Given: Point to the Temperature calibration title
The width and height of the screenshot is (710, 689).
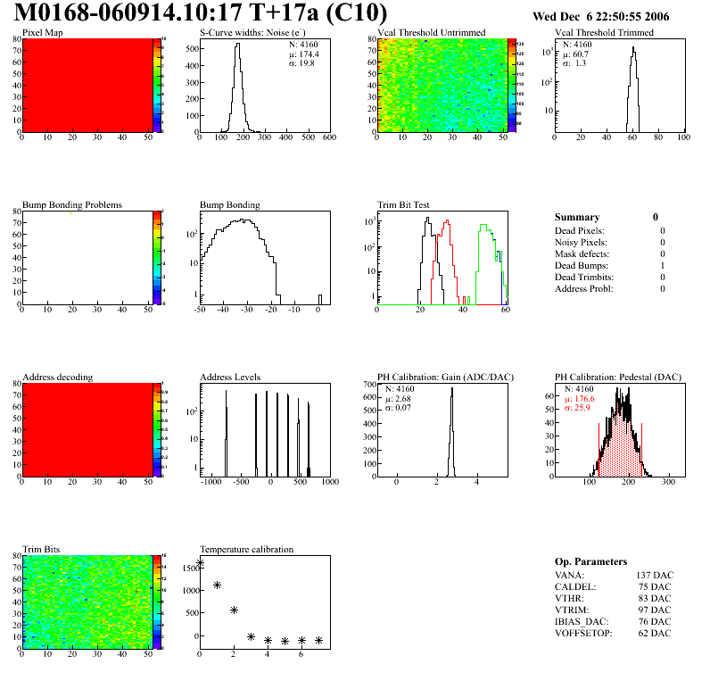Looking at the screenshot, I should coord(247,549).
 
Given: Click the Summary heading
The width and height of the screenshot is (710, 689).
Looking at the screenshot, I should coord(577,217).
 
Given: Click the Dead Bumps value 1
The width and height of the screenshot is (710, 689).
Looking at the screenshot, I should coord(663,265).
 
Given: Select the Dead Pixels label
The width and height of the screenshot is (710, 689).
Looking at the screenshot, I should coord(580,230).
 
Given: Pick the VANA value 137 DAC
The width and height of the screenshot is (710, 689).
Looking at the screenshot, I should coord(654,575).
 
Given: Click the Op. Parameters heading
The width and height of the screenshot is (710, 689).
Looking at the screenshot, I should coord(590,561).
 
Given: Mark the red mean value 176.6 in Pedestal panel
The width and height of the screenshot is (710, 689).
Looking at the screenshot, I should coord(584,399).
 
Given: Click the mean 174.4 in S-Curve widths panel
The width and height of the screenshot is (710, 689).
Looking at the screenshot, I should coord(301,54).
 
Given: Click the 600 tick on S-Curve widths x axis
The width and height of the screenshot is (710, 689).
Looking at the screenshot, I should coord(328,138).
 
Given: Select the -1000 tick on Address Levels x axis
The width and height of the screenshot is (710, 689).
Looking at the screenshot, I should coord(211,482).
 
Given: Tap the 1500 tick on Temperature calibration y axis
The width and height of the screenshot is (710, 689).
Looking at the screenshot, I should coord(188,568).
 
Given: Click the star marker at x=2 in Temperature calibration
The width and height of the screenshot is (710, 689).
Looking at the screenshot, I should coord(234,610).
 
